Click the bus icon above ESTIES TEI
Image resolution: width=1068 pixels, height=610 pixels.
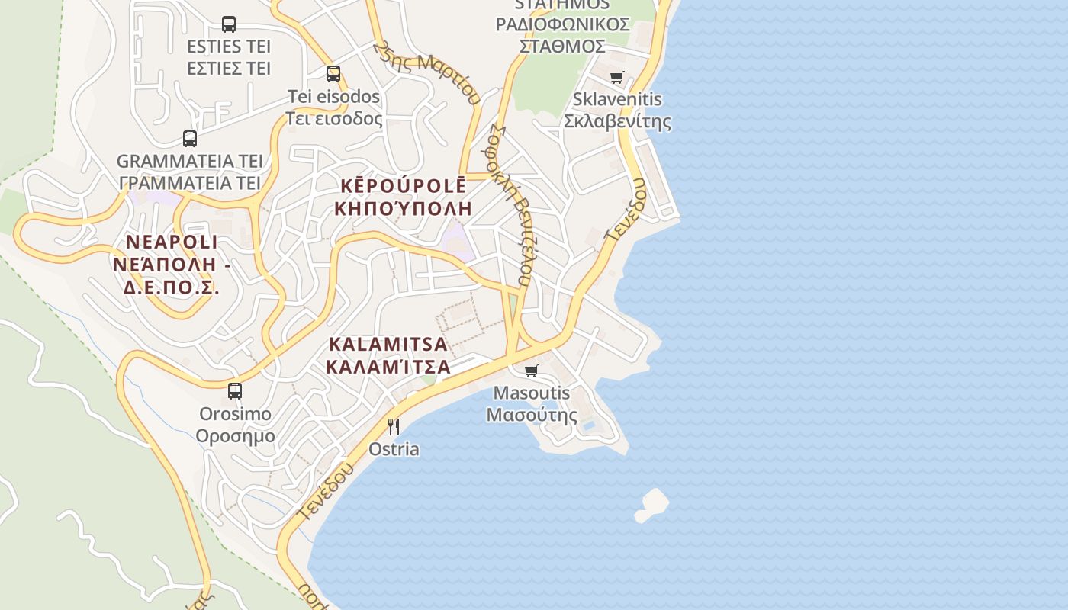click(229, 24)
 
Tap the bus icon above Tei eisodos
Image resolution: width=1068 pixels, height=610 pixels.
click(333, 74)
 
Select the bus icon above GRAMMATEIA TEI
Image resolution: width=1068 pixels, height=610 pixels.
click(190, 139)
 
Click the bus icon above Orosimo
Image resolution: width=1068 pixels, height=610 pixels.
click(235, 391)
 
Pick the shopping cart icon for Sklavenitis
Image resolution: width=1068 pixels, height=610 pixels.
click(616, 77)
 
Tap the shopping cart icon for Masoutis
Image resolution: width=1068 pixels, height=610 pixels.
click(531, 371)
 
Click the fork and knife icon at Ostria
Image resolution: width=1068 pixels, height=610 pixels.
click(394, 426)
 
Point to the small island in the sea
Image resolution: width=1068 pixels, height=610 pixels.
click(652, 505)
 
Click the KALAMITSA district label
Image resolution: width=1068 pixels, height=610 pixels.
click(388, 344)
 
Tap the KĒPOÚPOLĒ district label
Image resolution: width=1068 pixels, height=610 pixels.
click(403, 186)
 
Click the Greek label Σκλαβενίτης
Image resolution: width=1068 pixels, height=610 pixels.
click(617, 121)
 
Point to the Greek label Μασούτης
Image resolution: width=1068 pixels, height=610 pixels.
click(532, 416)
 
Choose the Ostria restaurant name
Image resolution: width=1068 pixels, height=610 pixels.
click(394, 449)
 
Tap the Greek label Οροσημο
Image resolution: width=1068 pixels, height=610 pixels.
click(235, 436)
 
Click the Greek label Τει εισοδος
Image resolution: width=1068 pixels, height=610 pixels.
click(333, 119)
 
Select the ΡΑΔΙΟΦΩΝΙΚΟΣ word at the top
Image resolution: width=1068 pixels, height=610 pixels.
click(562, 24)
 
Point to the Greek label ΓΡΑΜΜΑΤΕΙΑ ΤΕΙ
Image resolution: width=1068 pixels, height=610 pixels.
click(190, 183)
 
